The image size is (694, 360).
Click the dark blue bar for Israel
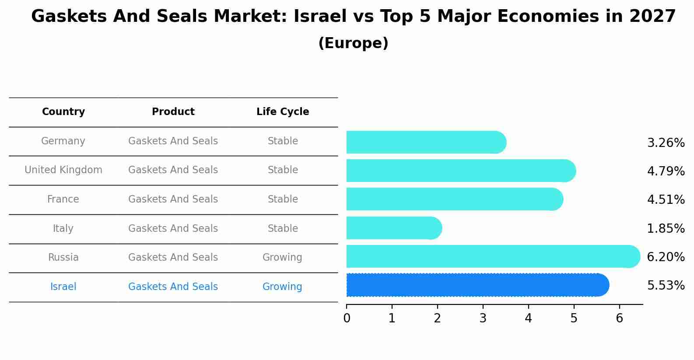[x=477, y=285]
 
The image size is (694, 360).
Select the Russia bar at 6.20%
[x=493, y=256]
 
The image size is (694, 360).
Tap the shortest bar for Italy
[x=394, y=228]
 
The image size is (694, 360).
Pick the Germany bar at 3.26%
[x=426, y=142]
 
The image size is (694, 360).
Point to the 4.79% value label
[x=666, y=171]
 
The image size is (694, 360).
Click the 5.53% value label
[x=666, y=286]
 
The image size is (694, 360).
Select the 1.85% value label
[x=666, y=228]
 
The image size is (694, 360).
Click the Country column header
[x=63, y=112]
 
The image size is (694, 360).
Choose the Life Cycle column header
[x=283, y=112]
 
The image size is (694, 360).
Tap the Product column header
[x=173, y=112]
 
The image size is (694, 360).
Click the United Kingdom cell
[x=63, y=170]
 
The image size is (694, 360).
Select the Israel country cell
[x=63, y=287]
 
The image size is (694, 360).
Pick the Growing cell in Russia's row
[x=282, y=258]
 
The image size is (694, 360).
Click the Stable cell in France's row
[x=283, y=199]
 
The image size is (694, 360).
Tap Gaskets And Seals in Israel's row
[x=173, y=287]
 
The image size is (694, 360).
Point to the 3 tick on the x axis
[x=483, y=318]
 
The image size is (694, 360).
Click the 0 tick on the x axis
[x=347, y=318]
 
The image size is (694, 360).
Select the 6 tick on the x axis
[x=619, y=318]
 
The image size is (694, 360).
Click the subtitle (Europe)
[x=353, y=43]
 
